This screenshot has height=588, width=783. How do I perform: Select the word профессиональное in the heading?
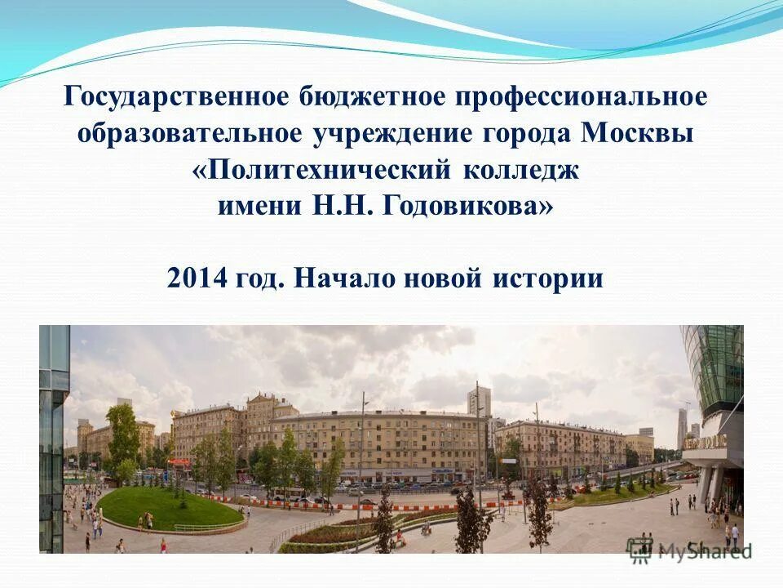pyautogui.click(x=582, y=97)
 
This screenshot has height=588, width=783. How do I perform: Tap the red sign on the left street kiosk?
pyautogui.click(x=179, y=463)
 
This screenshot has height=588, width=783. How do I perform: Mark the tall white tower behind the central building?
pyautogui.click(x=479, y=401)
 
